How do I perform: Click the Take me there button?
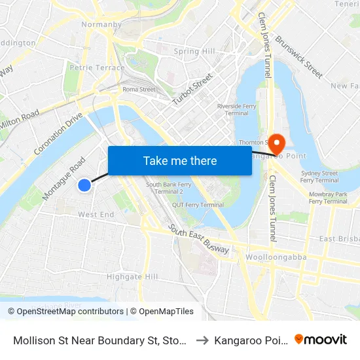180,160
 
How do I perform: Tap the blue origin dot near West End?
84,185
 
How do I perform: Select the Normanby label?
101,25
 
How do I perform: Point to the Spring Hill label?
194,52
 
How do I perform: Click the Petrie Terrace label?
97,67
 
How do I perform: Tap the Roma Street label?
139,90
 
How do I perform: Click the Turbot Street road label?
192,89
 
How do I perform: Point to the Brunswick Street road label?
298,56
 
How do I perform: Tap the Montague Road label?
64,178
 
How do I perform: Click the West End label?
96,214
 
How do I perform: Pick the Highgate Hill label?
132,277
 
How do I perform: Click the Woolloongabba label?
276,257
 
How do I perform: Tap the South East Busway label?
198,240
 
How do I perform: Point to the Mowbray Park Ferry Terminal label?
328,198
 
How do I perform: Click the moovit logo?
321,339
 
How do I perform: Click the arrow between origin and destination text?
202,340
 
